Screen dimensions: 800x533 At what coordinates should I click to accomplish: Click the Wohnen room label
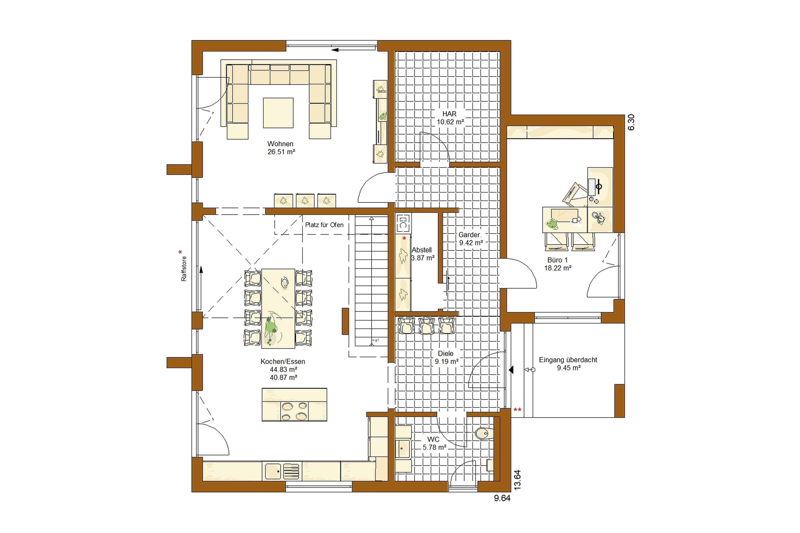(280, 144)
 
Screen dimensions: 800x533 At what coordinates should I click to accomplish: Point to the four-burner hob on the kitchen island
(294, 411)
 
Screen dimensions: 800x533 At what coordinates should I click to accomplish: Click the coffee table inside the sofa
(278, 113)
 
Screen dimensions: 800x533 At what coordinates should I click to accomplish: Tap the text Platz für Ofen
(324, 225)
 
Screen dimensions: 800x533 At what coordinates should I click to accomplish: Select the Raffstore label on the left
(184, 269)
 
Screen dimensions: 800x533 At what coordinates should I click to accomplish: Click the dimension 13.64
(517, 480)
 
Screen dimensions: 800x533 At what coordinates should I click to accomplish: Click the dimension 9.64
(502, 498)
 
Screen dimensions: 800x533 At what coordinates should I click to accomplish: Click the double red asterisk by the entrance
(517, 410)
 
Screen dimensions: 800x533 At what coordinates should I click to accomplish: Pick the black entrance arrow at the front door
(511, 370)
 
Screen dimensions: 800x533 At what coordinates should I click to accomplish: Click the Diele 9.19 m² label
(446, 358)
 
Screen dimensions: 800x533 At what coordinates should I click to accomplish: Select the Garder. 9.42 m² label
(470, 239)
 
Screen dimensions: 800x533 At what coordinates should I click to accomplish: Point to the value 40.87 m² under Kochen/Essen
(283, 377)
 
